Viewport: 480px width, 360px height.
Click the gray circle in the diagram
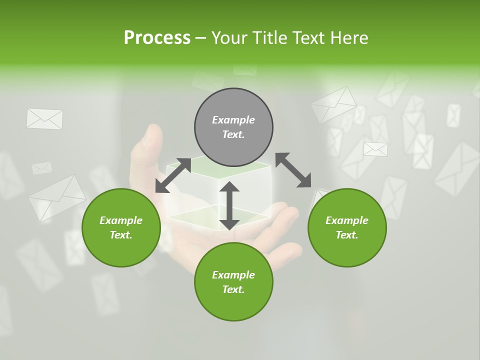coord(233,127)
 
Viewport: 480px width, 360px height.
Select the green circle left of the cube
coord(121,227)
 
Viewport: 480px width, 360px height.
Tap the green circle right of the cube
coord(347,227)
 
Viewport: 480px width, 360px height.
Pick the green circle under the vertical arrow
coord(233,282)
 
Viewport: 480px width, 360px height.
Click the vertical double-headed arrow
coord(229,205)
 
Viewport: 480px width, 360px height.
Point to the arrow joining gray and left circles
coord(173,175)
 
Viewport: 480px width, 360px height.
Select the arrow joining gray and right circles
coord(293,170)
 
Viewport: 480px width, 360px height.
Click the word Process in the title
coord(157,37)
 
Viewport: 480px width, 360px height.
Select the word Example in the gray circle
coord(233,120)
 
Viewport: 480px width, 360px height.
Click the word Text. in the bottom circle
coord(233,289)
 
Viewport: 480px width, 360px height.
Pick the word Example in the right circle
coord(347,220)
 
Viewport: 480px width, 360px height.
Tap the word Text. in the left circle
coord(121,235)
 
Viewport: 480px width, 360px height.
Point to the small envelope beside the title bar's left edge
coord(44,119)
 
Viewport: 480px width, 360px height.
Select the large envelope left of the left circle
coord(56,197)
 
